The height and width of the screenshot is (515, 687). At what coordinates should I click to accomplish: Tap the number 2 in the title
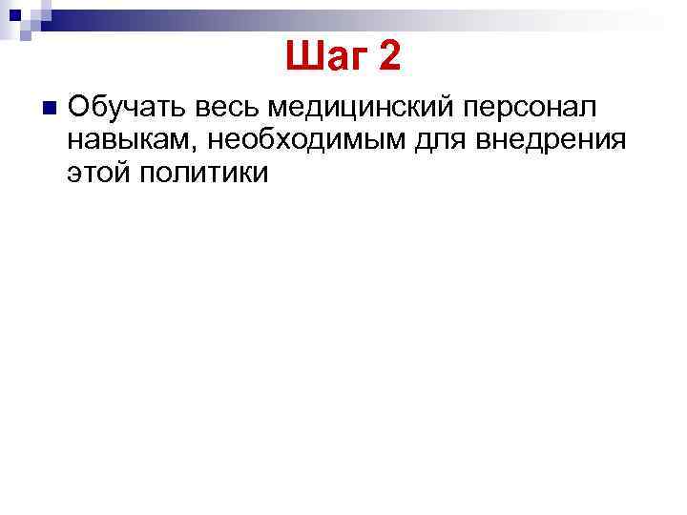[389, 58]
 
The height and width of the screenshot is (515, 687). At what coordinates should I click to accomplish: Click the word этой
[101, 173]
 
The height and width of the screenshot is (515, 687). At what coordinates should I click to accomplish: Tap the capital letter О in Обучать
[79, 106]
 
